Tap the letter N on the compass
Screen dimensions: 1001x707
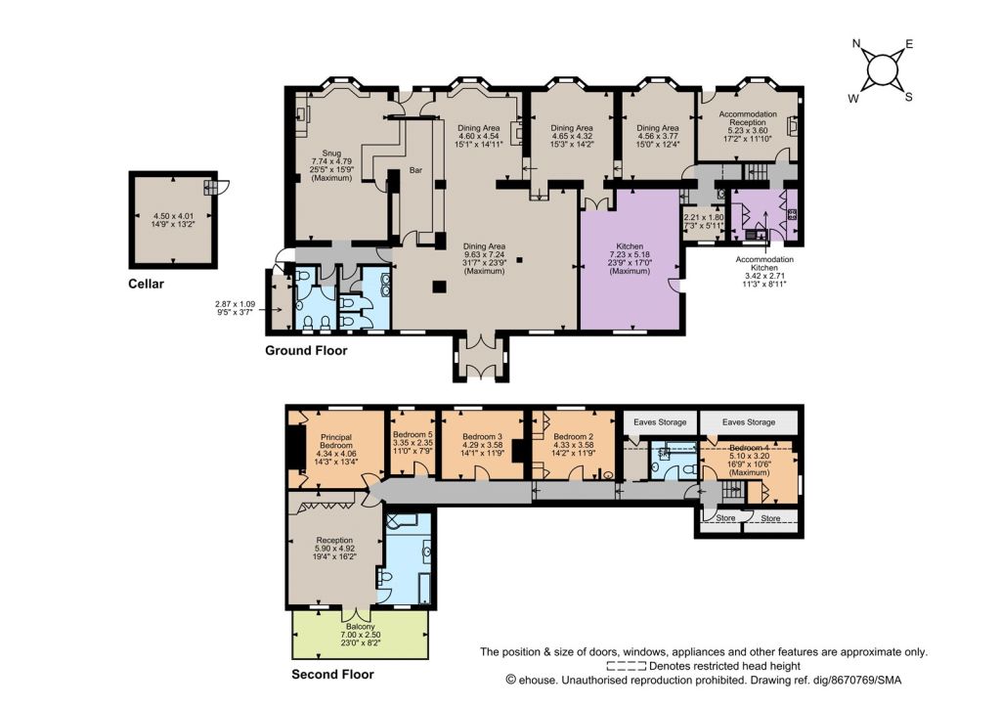click(856, 43)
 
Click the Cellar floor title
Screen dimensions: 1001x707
click(147, 285)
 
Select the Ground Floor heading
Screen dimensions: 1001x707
click(306, 351)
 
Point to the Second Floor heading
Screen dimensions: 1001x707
click(332, 675)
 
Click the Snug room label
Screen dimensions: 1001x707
click(331, 154)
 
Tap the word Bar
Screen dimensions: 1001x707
click(415, 170)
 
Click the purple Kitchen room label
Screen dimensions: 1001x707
click(630, 246)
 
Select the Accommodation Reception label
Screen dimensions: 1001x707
click(748, 118)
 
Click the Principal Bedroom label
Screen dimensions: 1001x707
click(336, 441)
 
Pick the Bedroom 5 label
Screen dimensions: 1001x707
click(413, 434)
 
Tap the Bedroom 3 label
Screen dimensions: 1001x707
click(483, 437)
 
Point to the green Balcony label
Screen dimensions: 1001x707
click(361, 627)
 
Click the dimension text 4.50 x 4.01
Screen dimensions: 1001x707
click(173, 216)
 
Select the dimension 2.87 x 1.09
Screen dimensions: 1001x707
click(235, 305)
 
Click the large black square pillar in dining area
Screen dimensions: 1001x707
click(439, 287)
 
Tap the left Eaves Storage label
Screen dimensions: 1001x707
click(660, 422)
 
